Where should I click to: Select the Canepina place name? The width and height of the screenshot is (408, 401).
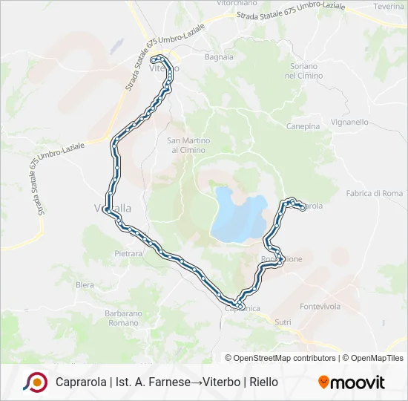tap(303, 126)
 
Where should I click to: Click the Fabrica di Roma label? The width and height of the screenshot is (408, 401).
tap(374, 194)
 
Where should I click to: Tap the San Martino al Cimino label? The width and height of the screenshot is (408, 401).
tap(188, 145)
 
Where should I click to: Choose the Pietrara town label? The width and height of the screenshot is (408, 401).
tap(128, 254)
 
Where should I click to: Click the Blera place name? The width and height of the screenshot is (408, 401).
tap(85, 284)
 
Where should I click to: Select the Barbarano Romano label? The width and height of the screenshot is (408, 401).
tap(122, 318)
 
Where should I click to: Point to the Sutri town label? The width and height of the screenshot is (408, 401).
tap(283, 322)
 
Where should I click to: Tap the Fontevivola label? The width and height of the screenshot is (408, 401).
tap(320, 306)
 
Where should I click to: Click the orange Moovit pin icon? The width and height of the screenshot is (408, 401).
tap(323, 382)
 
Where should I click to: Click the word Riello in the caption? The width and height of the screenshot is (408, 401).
tap(263, 382)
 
